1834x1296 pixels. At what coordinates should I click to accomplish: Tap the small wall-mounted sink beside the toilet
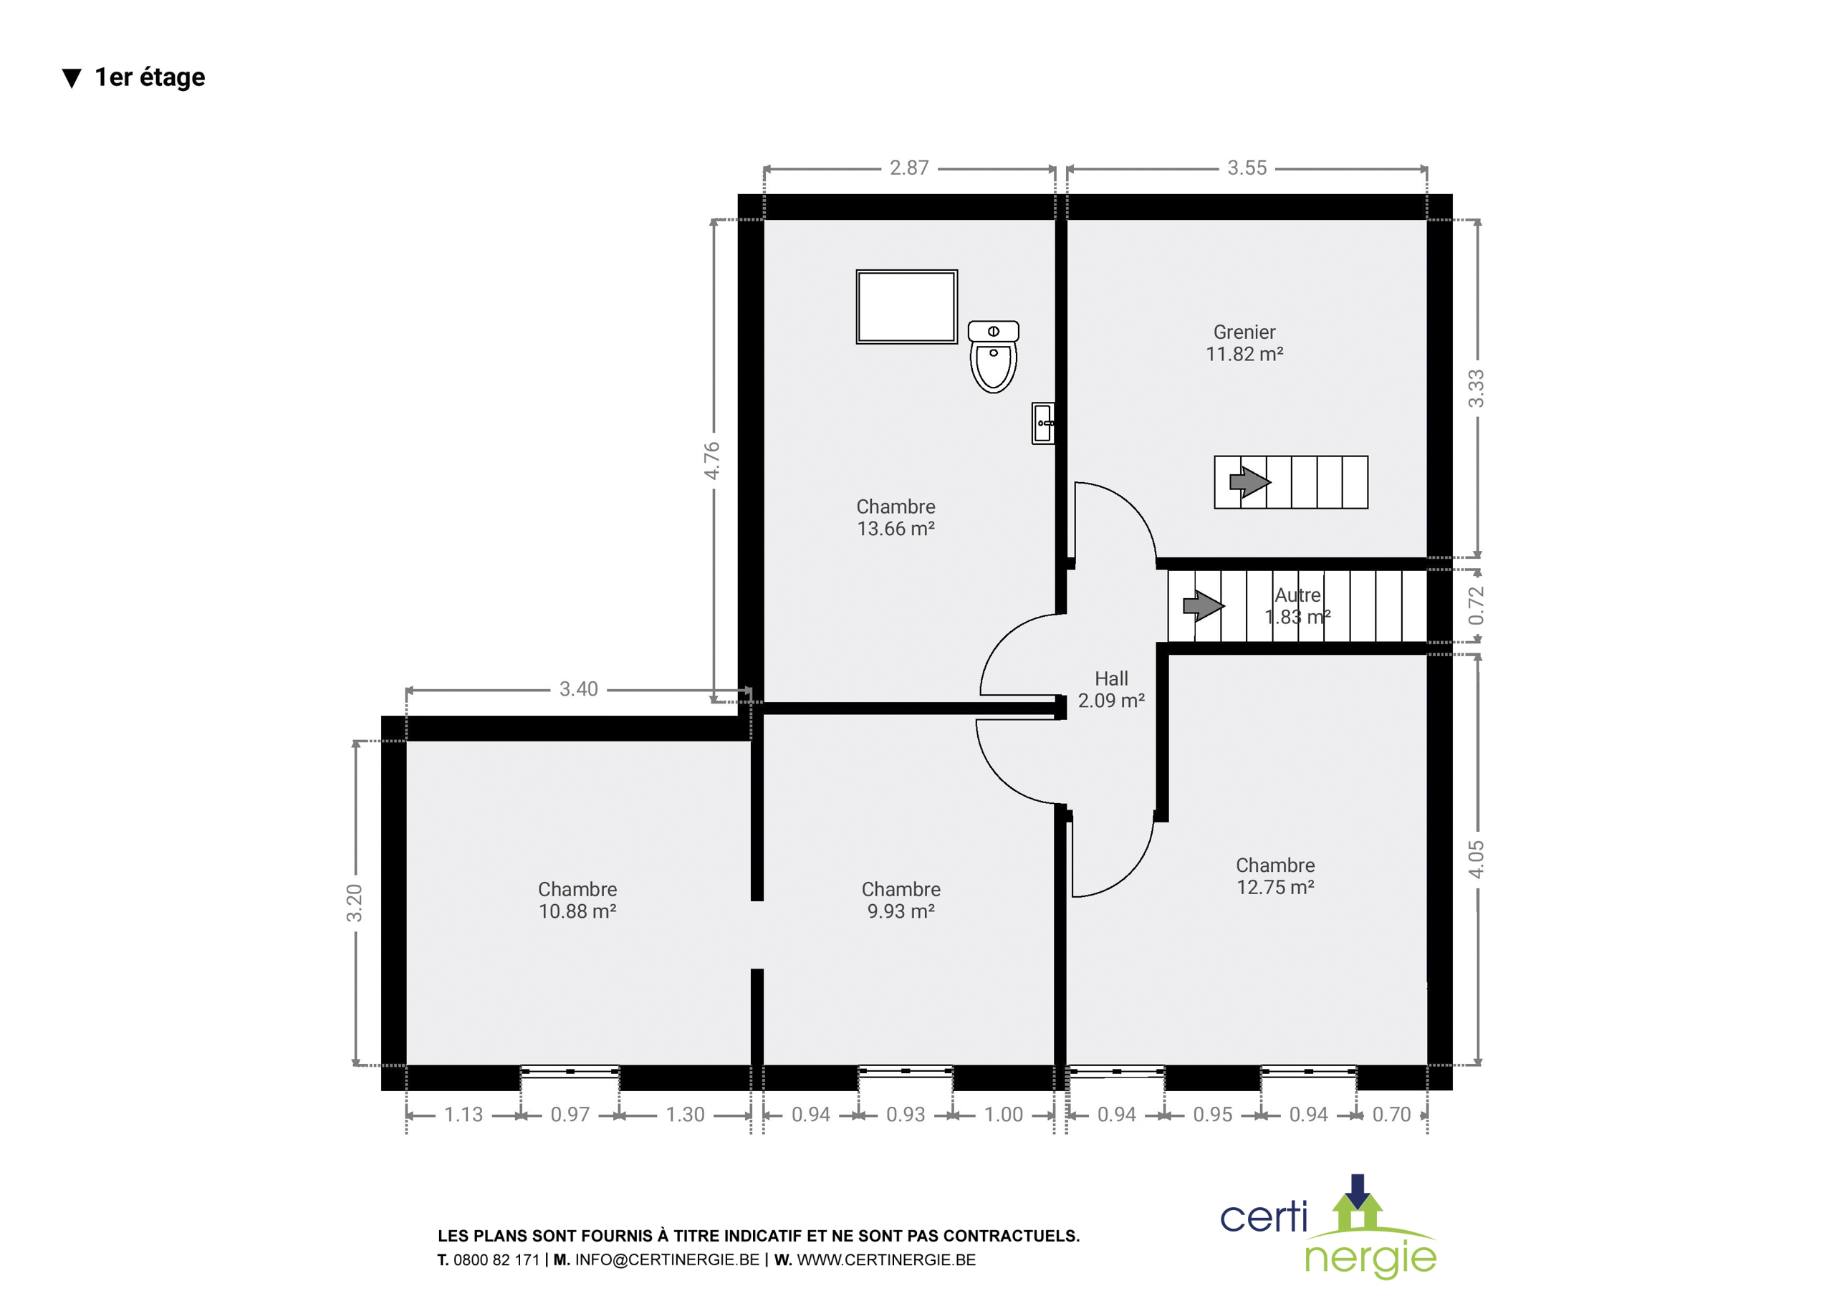(x=1042, y=423)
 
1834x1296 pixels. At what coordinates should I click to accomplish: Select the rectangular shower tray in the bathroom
(x=907, y=307)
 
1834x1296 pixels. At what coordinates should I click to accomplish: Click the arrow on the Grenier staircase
(x=1249, y=482)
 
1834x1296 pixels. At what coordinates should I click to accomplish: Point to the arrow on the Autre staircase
(x=1203, y=605)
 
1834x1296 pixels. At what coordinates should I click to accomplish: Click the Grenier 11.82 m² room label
(x=1244, y=342)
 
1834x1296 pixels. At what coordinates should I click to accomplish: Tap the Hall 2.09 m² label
(x=1111, y=689)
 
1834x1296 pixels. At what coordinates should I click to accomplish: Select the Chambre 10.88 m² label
(x=577, y=901)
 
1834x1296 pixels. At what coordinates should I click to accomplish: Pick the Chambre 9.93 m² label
(x=901, y=901)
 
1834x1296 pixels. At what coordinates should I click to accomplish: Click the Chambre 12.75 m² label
(x=1276, y=876)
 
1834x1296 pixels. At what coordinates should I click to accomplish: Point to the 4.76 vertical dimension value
(x=711, y=461)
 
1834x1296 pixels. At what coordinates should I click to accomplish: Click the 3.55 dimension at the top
(x=1247, y=168)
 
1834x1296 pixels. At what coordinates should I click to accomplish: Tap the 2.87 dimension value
(x=909, y=168)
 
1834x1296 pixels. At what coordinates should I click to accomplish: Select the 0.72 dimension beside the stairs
(x=1475, y=605)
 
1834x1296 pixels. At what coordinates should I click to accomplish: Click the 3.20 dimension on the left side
(x=354, y=903)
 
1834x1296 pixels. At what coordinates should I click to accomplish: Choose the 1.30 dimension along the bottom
(x=686, y=1115)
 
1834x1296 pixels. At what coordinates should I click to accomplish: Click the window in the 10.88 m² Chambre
(x=570, y=1072)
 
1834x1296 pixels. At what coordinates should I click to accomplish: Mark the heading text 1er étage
(x=150, y=77)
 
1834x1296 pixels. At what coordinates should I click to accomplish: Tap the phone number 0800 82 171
(x=496, y=1260)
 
